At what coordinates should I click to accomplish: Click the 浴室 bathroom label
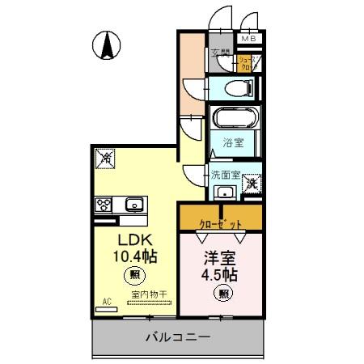234,145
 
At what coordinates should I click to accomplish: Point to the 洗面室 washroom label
226,173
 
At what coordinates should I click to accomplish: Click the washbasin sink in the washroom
224,192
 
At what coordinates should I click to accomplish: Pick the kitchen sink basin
133,204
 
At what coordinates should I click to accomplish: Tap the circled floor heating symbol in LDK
133,276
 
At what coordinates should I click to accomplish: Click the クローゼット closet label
221,218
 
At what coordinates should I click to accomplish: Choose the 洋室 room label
220,259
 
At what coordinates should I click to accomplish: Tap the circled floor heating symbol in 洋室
222,294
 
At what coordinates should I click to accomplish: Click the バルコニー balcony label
178,336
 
